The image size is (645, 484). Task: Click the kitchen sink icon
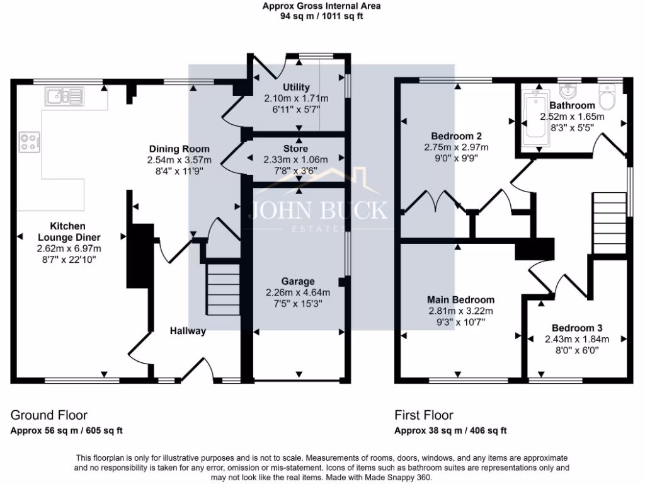(x=64, y=97)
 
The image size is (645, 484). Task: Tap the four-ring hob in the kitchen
(x=29, y=142)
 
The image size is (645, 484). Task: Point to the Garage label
(x=299, y=281)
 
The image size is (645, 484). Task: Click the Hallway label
(x=188, y=331)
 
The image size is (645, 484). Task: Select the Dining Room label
(x=174, y=149)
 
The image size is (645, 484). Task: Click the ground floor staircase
(x=224, y=288)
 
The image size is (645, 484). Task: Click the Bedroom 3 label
(x=577, y=328)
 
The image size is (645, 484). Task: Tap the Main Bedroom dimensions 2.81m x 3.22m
(x=460, y=311)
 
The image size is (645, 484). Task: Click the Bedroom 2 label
(x=457, y=136)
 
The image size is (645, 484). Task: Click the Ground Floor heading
(x=49, y=415)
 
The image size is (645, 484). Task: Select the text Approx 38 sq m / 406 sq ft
(x=450, y=431)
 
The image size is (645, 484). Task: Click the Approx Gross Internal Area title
(x=322, y=6)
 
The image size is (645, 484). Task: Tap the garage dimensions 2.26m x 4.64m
(x=299, y=292)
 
